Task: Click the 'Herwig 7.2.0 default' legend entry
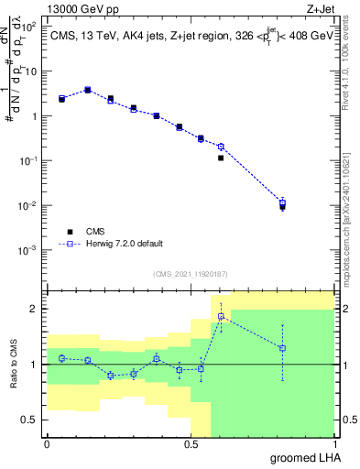(124, 244)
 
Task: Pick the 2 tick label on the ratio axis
(36, 309)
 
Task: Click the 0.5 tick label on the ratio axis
(31, 420)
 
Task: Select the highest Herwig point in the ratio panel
(221, 316)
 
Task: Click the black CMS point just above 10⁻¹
(221, 158)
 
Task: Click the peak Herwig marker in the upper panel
(87, 90)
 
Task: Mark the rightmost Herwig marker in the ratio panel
(282, 348)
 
